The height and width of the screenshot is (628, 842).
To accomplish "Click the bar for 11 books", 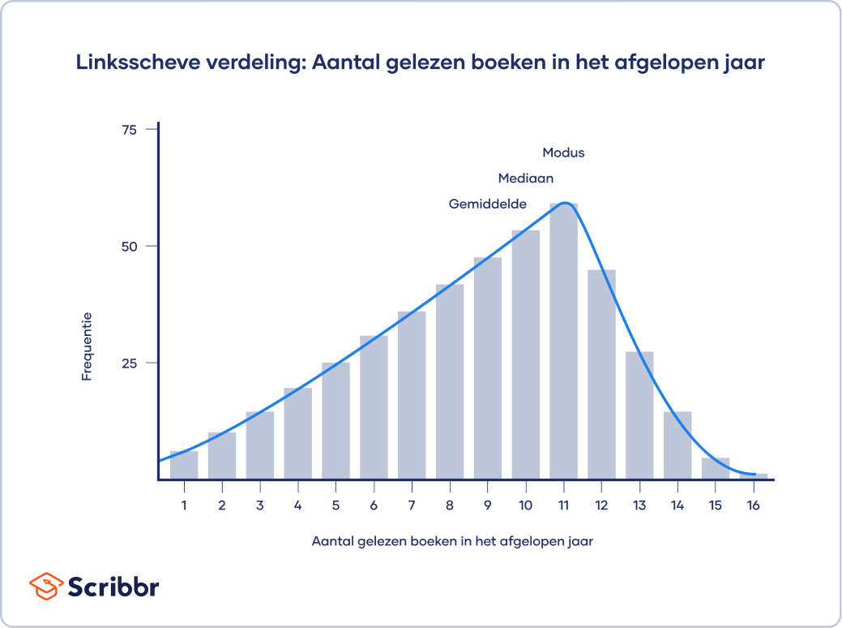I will (563, 341).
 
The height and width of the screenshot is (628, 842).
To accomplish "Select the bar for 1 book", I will (184, 465).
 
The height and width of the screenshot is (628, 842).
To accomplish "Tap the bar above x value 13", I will (639, 415).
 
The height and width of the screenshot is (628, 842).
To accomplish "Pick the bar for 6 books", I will (374, 406).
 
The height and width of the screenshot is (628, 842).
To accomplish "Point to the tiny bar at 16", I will (754, 475).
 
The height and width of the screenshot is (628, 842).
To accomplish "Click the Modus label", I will (563, 153).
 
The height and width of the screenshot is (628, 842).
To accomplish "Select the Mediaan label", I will (525, 179).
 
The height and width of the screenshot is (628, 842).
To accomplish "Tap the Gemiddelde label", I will (488, 204).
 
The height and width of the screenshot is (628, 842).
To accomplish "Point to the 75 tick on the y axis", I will (129, 130).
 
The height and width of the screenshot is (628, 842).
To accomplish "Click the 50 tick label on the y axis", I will (129, 246).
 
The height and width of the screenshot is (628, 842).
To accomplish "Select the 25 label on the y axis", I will (129, 363).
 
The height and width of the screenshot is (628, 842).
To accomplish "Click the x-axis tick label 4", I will (298, 505).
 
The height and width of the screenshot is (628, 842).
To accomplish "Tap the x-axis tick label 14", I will (677, 505).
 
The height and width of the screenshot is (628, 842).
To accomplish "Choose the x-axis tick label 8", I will (450, 505).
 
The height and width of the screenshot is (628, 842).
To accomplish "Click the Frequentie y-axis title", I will (86, 346).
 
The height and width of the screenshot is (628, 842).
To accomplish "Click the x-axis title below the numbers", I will (452, 541).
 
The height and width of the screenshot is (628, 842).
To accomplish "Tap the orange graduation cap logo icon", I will (45, 585).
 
